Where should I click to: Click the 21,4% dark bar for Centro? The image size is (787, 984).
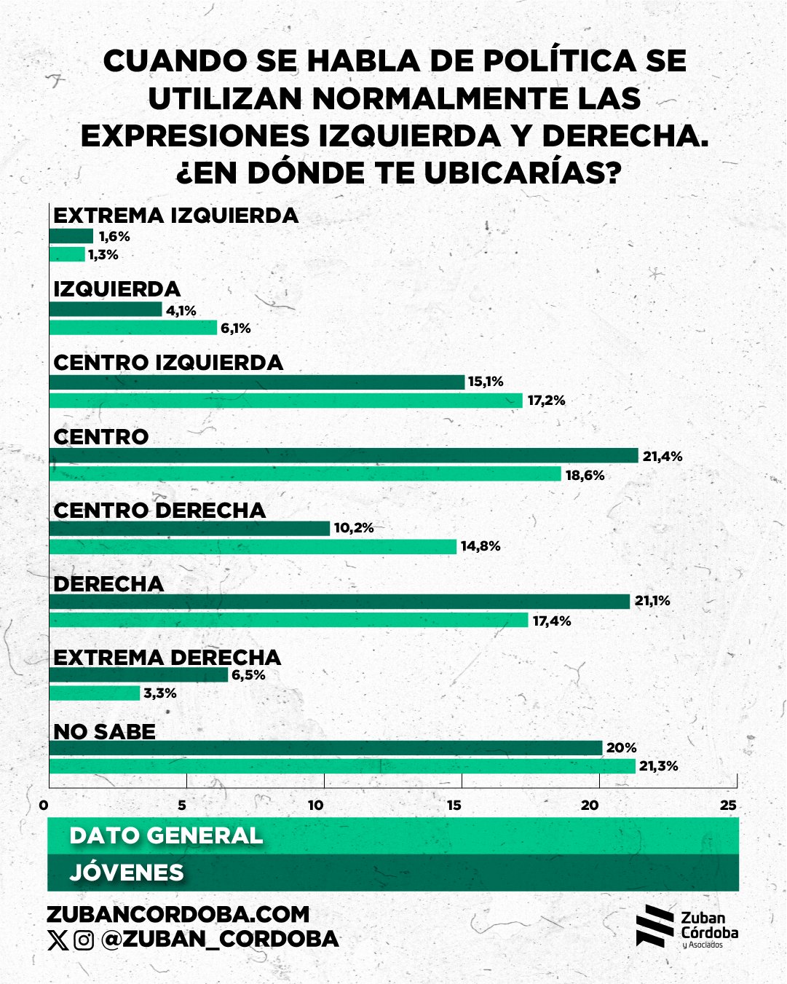pyautogui.click(x=343, y=456)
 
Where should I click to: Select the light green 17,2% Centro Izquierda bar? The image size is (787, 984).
pyautogui.click(x=285, y=400)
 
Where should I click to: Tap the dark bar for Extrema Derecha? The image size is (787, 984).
pyautogui.click(x=138, y=675)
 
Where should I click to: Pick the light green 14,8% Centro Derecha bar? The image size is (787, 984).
pyautogui.click(x=253, y=546)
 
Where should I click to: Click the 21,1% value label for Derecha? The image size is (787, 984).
pyautogui.click(x=652, y=601)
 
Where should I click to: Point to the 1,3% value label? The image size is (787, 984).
pyautogui.click(x=103, y=255)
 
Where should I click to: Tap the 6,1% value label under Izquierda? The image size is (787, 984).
pyautogui.click(x=236, y=328)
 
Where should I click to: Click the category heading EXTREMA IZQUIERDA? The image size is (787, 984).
pyautogui.click(x=176, y=216)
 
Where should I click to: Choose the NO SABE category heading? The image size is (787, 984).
pyautogui.click(x=105, y=731)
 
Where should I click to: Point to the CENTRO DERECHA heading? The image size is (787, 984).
pyautogui.click(x=159, y=511)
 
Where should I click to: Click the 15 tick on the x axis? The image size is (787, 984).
pyautogui.click(x=454, y=805)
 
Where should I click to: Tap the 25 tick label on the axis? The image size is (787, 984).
pyautogui.click(x=728, y=805)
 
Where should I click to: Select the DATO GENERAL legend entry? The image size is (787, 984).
pyautogui.click(x=166, y=835)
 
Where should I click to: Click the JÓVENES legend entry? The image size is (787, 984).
pyautogui.click(x=127, y=873)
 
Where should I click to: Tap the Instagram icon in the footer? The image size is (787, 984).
pyautogui.click(x=84, y=940)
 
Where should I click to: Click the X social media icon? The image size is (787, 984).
pyautogui.click(x=58, y=940)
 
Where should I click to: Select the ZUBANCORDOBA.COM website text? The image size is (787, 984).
pyautogui.click(x=178, y=914)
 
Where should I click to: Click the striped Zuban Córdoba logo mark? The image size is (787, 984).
pyautogui.click(x=654, y=926)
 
